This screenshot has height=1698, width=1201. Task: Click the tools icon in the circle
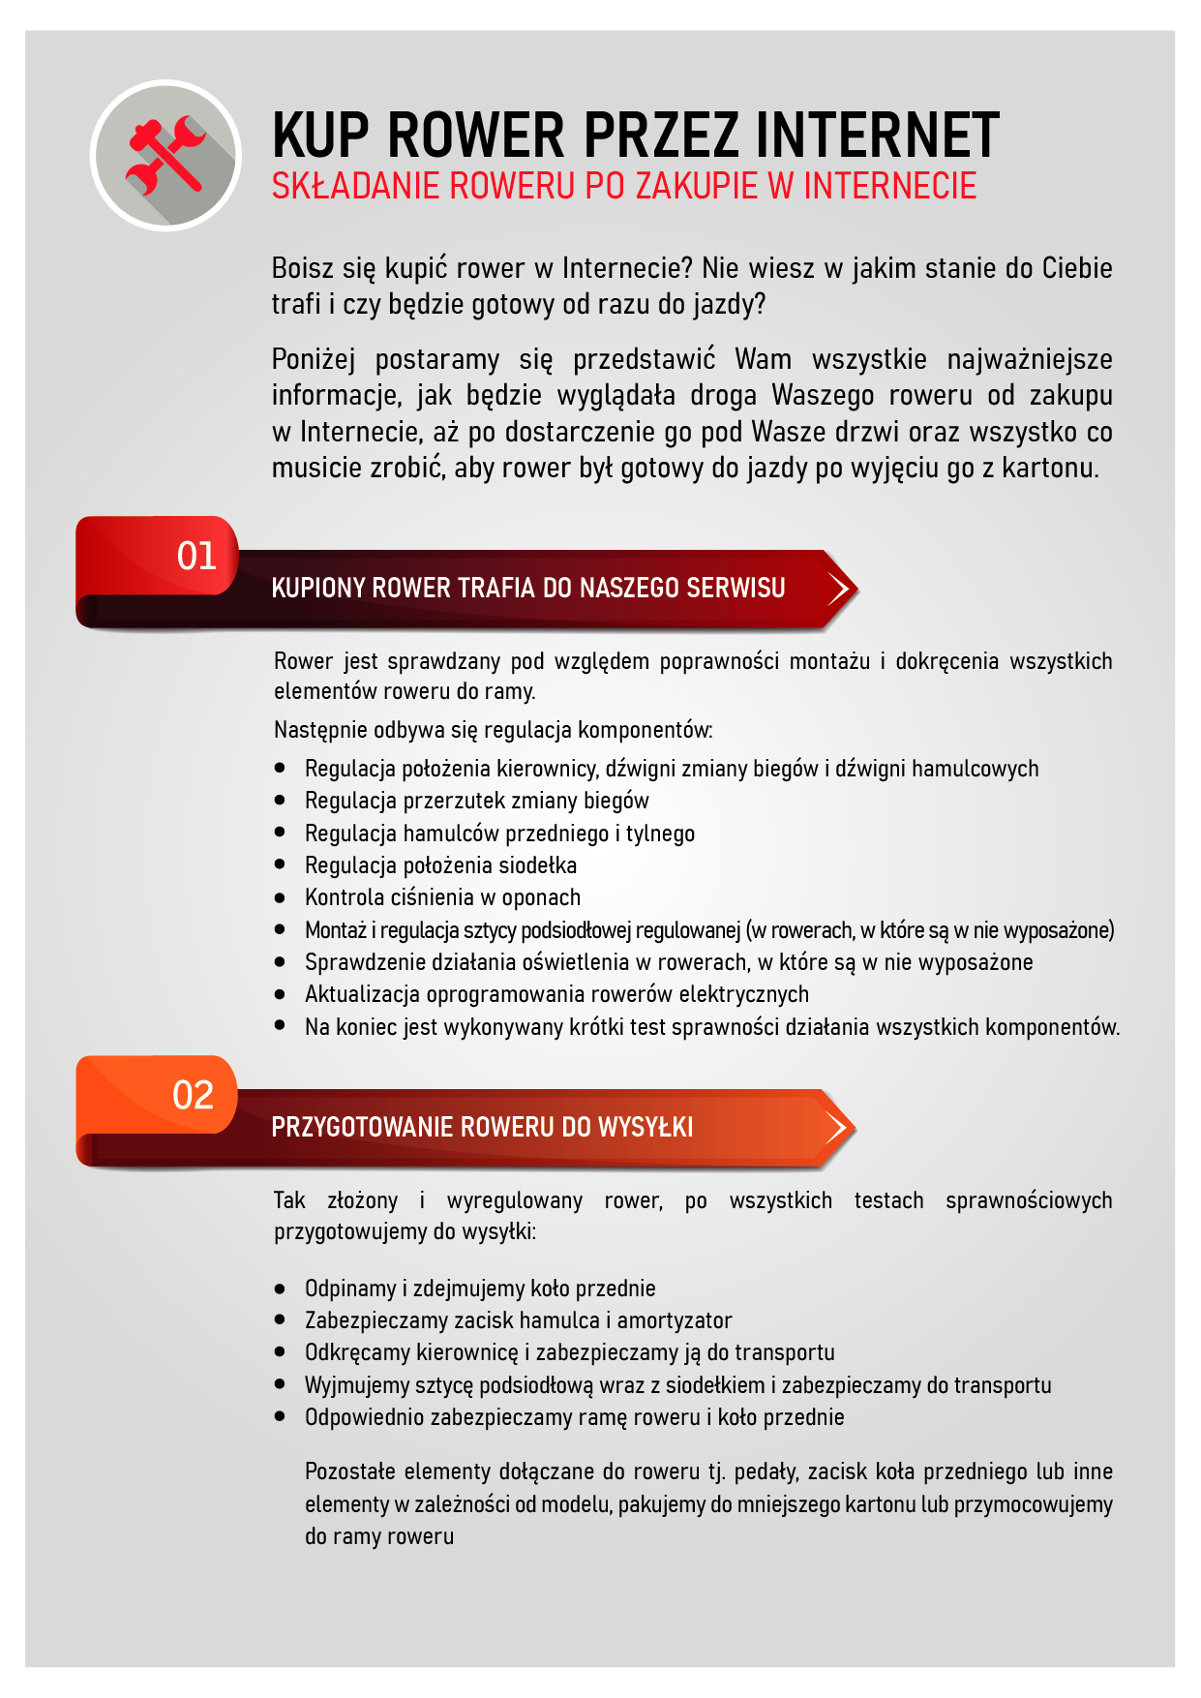point(165,155)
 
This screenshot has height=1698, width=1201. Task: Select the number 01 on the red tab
point(196,556)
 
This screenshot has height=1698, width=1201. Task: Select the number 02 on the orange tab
point(193,1095)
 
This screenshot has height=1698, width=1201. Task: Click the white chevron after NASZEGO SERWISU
point(838,588)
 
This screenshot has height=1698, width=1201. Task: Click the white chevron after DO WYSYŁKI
point(837,1127)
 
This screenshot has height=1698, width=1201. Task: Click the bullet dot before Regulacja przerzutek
point(280,800)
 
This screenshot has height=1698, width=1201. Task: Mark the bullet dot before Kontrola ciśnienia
point(280,896)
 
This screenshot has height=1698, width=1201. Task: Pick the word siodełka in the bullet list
point(537,865)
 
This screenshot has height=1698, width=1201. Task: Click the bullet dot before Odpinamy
point(280,1288)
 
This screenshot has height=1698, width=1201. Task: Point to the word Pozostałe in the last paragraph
point(349,1471)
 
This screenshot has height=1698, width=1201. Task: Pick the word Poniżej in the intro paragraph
point(313,359)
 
